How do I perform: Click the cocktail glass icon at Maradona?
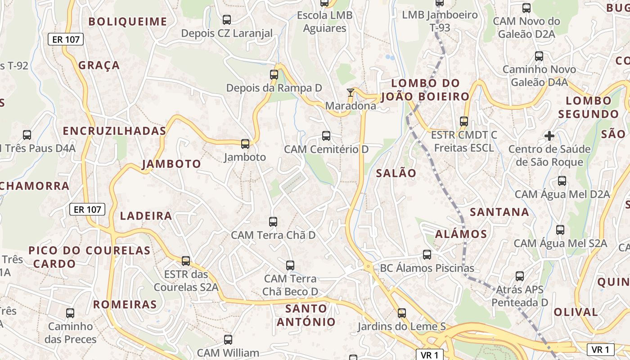(x=351, y=93)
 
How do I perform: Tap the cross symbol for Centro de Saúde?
(x=549, y=135)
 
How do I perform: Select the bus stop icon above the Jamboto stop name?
(x=245, y=144)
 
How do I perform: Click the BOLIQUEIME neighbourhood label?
(x=128, y=22)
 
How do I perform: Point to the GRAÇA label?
(x=99, y=65)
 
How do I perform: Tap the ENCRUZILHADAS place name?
(x=114, y=131)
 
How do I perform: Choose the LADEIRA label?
(x=146, y=216)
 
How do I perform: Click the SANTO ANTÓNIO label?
(x=306, y=315)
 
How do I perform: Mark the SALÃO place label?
(x=396, y=173)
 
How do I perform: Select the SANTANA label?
(x=499, y=211)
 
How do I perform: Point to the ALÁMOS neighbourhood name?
(x=461, y=234)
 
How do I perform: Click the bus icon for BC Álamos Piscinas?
(x=427, y=255)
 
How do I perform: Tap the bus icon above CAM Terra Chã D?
(x=273, y=221)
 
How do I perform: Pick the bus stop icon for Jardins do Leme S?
(x=402, y=313)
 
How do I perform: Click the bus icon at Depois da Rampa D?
(x=274, y=75)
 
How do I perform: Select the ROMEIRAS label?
(x=125, y=304)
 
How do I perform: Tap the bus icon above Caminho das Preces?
(x=70, y=313)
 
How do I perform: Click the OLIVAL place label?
(x=576, y=312)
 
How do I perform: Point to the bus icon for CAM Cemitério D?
(x=326, y=135)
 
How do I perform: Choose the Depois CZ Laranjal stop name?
(x=227, y=33)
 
